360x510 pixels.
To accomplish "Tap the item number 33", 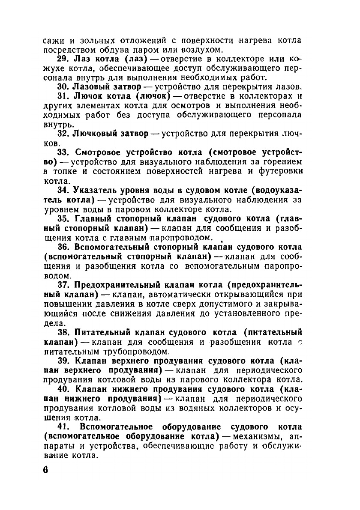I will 63,152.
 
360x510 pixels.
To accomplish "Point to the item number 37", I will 63,285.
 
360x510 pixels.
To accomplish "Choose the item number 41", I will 63,427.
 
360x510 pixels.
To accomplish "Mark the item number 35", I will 63,219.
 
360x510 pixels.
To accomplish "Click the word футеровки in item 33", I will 281,171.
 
